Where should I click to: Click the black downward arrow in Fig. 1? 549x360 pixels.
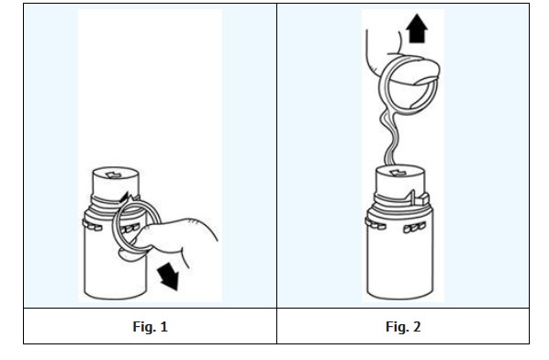pos(169,276)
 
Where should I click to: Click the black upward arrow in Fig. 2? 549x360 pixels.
pos(417,28)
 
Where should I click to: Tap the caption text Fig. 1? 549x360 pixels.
pos(151,326)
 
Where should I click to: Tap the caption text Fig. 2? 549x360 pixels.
pos(403,326)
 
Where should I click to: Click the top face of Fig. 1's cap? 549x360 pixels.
pos(117,174)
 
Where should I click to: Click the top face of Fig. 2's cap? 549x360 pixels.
pos(400,172)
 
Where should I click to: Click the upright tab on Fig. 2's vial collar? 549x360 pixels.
pos(413,198)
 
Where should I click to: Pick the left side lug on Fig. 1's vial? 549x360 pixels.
pos(92,225)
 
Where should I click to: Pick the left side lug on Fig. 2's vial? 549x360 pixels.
pos(375,223)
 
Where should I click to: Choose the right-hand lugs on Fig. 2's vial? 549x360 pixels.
pos(414,227)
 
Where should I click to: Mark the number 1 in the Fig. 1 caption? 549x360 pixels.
pos(163,327)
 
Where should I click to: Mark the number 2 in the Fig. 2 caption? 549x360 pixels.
pos(417,327)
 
